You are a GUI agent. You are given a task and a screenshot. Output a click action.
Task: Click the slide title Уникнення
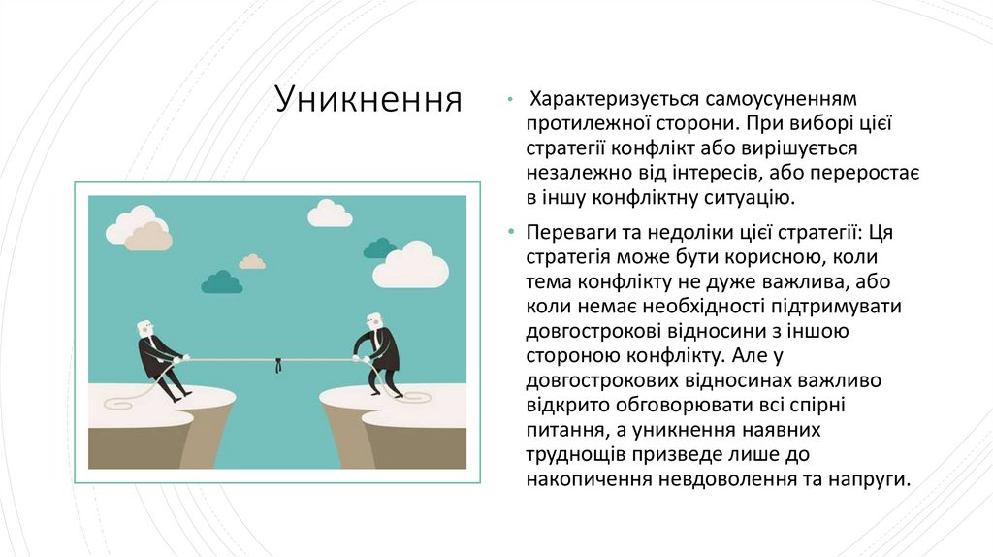click(368, 99)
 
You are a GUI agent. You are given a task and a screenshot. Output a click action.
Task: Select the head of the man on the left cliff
click(144, 328)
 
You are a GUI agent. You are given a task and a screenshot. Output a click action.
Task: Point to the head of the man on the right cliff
click(374, 320)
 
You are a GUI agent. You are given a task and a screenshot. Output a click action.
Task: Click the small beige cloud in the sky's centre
click(252, 261)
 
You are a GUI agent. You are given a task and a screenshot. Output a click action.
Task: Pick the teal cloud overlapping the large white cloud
click(379, 248)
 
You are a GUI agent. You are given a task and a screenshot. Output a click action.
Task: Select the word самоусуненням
click(776, 99)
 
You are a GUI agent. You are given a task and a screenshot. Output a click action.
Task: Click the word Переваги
click(573, 233)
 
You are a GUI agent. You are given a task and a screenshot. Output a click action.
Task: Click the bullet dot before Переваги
click(511, 233)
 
